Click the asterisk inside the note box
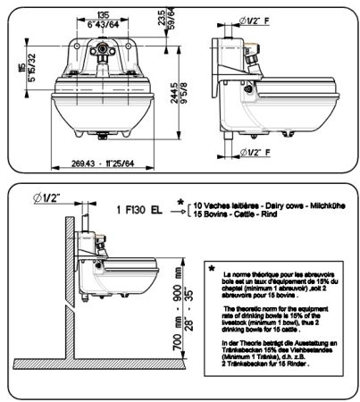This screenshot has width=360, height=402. (x=211, y=267)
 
